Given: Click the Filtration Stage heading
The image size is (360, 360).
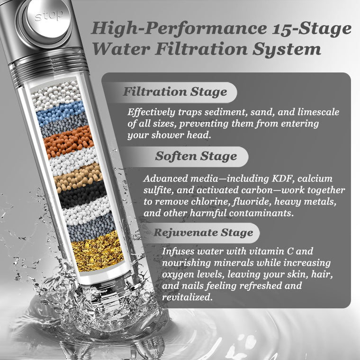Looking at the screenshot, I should (x=175, y=91).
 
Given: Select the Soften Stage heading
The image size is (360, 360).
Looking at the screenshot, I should (x=196, y=156).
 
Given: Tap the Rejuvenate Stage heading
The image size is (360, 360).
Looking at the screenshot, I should (x=203, y=233).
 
